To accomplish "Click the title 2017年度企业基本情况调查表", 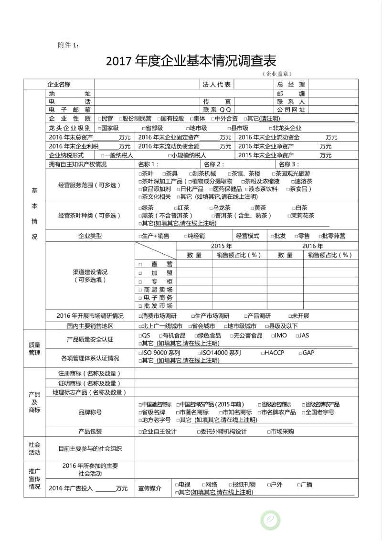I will [x=191, y=61].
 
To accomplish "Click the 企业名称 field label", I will [x=59, y=85].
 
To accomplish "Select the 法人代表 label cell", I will [x=216, y=85].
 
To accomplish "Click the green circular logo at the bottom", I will [x=270, y=520].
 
